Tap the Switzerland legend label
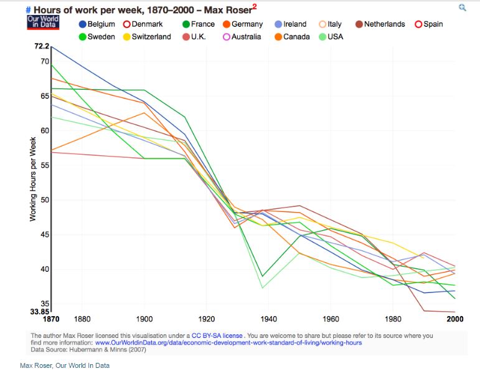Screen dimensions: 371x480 151,37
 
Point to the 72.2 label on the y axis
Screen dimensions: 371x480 41,46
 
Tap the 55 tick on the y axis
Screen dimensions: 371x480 44,165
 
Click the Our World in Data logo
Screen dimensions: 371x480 42,21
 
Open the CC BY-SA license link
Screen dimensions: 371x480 217,335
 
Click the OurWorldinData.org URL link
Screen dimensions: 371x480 228,343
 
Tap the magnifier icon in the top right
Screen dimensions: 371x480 462,7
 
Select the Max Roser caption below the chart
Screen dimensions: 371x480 64,365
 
